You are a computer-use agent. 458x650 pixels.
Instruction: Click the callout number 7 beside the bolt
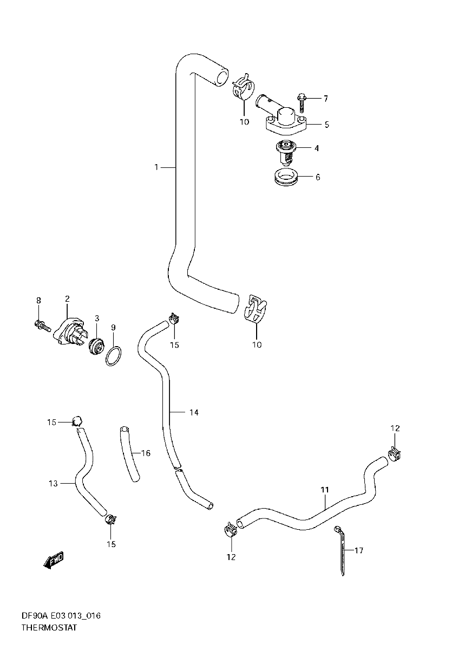pos(325,99)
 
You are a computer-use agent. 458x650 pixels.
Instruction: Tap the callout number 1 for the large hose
pos(156,167)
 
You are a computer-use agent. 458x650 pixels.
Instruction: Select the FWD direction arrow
pos(54,561)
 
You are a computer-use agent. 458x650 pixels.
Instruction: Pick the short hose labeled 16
pos(129,453)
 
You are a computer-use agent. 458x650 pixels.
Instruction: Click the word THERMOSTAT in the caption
pos(49,628)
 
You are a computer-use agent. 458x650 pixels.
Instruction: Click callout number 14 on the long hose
pos(194,413)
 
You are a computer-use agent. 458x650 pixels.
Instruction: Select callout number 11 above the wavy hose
pos(324,490)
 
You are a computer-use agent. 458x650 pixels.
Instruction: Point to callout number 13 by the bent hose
pos(53,483)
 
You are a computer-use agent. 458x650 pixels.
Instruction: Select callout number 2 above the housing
pos(67,298)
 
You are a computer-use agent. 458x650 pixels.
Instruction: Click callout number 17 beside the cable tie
pos(358,551)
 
